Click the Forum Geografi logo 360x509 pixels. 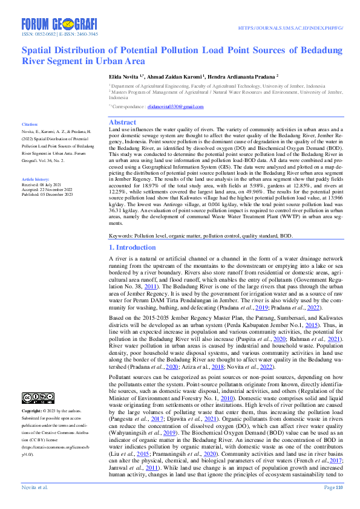coord(59,24)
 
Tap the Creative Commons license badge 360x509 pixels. coord(38,397)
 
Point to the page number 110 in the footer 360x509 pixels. coord(339,487)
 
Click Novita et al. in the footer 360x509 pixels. coord(36,487)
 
